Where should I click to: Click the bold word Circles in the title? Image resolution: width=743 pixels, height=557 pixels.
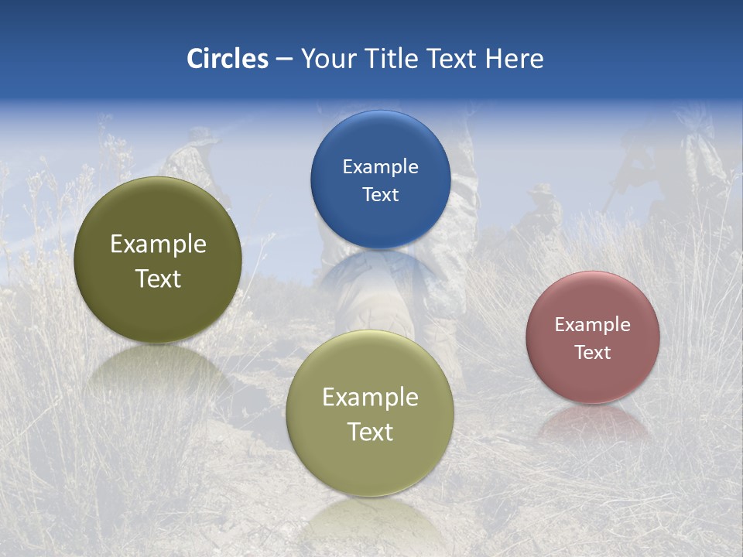227,59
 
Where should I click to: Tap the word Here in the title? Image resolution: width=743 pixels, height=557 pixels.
514,59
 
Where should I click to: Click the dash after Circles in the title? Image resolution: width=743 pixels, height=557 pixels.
284,60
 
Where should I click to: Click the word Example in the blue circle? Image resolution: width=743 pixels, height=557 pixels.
380,167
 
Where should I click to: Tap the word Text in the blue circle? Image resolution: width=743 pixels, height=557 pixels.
380,195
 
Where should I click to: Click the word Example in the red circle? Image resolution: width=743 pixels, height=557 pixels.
593,325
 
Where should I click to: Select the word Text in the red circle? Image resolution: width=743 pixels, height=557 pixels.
593,353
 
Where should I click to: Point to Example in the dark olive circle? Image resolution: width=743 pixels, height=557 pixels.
158,244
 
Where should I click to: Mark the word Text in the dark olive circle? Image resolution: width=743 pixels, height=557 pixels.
158,279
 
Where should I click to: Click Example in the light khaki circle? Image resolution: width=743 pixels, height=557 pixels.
370,398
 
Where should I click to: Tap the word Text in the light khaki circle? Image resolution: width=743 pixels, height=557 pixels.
370,432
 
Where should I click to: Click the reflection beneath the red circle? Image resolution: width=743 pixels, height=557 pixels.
593,422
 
